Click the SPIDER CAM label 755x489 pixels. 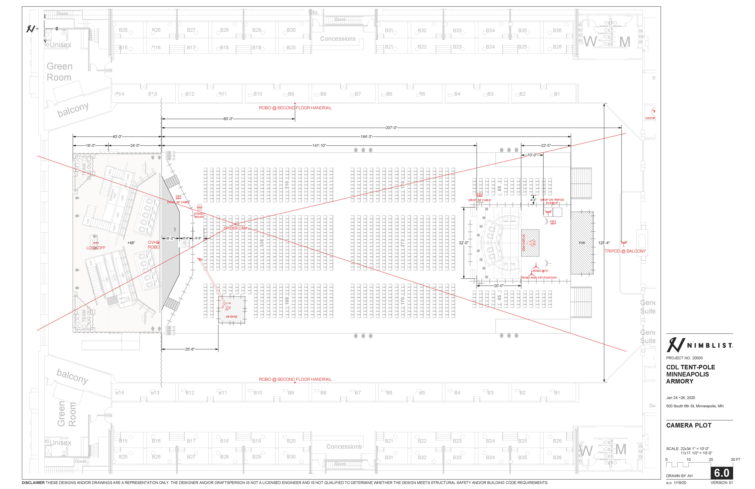click(235, 228)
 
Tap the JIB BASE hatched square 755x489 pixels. click(231, 310)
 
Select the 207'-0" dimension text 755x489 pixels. click(391, 128)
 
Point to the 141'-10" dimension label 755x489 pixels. click(319, 145)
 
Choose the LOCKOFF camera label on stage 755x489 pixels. click(96, 248)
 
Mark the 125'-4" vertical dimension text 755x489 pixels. click(604, 243)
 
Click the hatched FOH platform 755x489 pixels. click(582, 243)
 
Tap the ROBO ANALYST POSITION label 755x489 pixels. click(539, 278)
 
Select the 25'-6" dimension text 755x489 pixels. click(190, 349)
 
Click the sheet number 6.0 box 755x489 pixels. click(721, 473)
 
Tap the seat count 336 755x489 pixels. click(262, 243)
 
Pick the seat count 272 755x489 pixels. click(402, 243)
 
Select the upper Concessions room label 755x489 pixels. click(338, 39)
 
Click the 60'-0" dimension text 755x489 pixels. click(228, 119)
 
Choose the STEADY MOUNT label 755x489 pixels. click(199, 215)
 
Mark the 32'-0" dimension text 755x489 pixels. click(464, 243)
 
